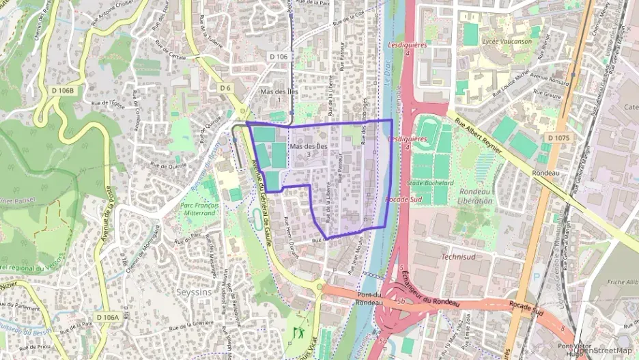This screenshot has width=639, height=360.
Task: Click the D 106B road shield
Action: tap(62, 90)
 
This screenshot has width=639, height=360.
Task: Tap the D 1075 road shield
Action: tap(557, 138)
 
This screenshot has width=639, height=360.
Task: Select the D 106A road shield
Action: tap(107, 317)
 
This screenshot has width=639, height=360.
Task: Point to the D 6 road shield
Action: tap(225, 88)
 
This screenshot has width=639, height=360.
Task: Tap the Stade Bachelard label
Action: tap(430, 183)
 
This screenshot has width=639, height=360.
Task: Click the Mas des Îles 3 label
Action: tap(309, 150)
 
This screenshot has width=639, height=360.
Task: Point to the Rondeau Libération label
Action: tap(476, 196)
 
